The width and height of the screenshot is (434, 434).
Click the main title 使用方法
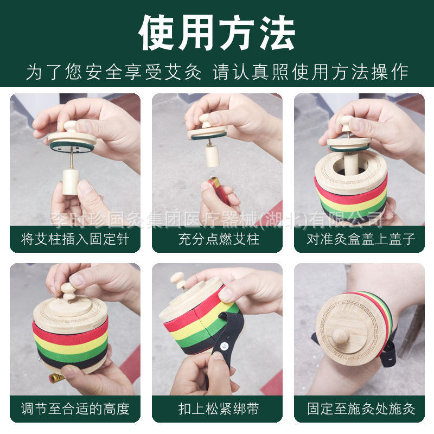click(x=217, y=33)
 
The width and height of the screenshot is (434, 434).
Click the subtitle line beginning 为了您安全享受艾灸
click(x=217, y=72)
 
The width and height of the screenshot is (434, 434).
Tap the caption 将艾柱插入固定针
click(x=75, y=239)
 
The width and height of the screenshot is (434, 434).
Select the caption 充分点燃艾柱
click(x=219, y=239)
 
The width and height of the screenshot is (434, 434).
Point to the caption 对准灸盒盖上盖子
click(x=361, y=239)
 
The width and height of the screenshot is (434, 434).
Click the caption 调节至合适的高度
click(x=75, y=409)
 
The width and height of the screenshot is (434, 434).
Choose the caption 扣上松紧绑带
click(x=219, y=409)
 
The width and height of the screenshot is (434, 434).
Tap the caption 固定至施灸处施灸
click(x=361, y=409)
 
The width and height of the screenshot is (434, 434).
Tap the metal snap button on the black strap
click(x=224, y=346)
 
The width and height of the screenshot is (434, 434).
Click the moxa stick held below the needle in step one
click(x=71, y=182)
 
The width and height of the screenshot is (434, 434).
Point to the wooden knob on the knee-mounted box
click(x=340, y=335)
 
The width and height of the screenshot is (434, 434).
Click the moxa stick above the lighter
click(x=212, y=156)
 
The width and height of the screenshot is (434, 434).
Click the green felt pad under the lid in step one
click(x=72, y=146)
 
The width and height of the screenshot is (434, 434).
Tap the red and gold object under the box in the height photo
click(x=57, y=377)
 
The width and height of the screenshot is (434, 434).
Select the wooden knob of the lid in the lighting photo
click(x=206, y=120)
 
